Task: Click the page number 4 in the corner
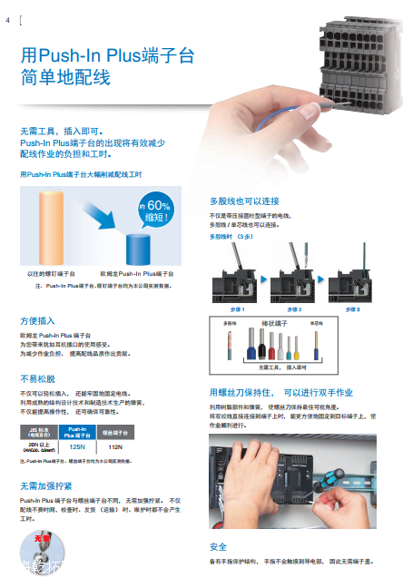[8, 19]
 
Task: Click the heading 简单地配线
[65, 78]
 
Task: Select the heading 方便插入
[38, 321]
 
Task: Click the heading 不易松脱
[38, 379]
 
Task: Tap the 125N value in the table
[77, 447]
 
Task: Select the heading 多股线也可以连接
[244, 201]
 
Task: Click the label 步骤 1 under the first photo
[239, 309]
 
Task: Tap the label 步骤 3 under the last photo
[352, 309]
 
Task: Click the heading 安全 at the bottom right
[218, 546]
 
